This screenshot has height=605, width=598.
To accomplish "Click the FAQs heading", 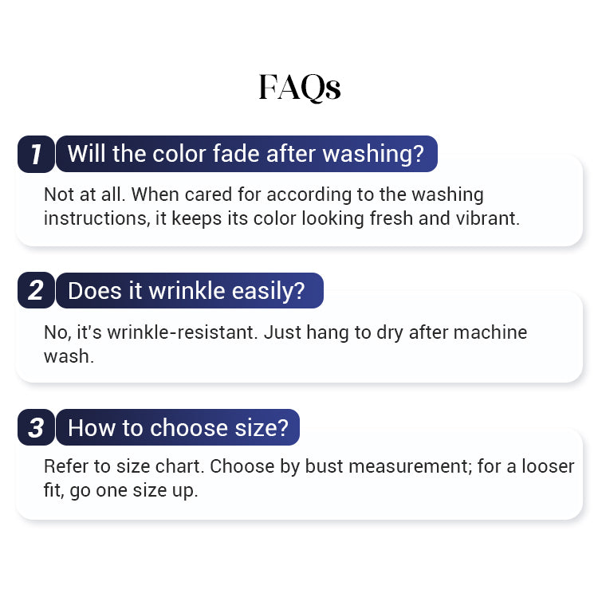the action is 300,88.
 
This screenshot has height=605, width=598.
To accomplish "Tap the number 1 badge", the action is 36,154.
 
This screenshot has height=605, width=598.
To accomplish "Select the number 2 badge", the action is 36,290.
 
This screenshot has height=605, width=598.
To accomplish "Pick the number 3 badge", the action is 36,427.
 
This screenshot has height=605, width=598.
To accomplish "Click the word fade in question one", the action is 237,153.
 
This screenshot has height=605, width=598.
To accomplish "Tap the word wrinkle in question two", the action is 187,290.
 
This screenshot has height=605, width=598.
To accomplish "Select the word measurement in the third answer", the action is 408,467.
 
